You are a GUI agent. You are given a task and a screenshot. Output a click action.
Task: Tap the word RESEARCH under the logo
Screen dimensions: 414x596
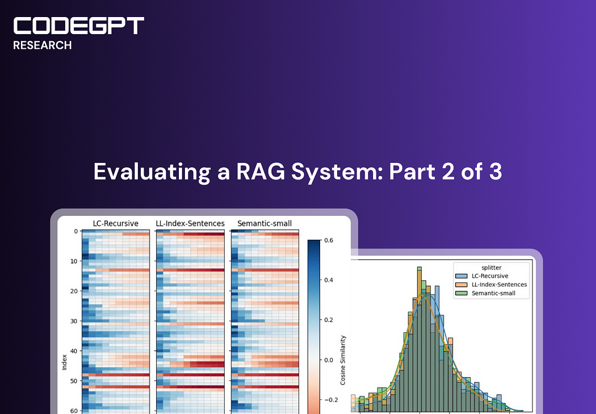point(43,46)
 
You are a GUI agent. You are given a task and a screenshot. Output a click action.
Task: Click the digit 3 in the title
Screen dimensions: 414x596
point(496,172)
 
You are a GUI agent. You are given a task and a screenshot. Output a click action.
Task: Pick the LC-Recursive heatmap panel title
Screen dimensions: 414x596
point(115,223)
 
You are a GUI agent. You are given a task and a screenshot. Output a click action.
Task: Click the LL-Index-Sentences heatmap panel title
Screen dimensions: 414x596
point(190,223)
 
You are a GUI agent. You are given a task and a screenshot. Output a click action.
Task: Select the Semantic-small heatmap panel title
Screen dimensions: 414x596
point(265,223)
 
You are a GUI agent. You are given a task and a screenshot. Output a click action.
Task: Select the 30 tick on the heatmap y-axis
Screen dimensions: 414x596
point(74,321)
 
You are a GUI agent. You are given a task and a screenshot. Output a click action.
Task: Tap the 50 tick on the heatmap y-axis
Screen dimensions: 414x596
point(74,381)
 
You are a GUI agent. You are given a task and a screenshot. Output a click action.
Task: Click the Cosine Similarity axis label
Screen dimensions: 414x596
point(343,359)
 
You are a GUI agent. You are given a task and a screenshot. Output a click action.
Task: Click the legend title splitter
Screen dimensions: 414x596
point(492,267)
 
